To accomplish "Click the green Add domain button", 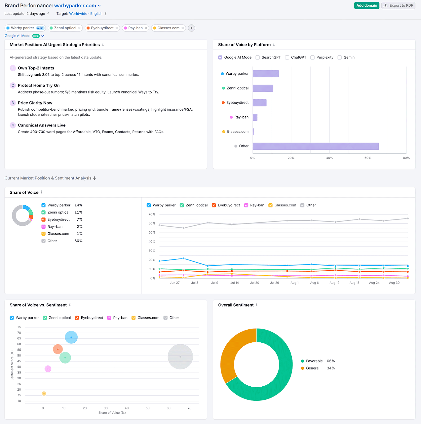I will coord(366,5).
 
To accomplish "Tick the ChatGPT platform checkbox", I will coord(287,58).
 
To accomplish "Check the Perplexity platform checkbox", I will coord(312,58).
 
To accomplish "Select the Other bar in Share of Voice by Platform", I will coord(315,146).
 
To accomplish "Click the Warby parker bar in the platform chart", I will coord(265,74).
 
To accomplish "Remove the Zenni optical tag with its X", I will coord(79,28).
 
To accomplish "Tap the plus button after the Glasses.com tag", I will coord(192,28).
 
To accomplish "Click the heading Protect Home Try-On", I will coord(39,85).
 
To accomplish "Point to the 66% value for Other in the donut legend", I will coord(78,241).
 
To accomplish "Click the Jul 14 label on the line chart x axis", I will coord(234,283).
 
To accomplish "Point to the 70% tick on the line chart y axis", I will coord(152,214).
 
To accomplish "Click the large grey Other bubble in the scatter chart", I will coord(180,357).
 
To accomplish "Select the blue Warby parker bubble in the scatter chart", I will coord(71,337).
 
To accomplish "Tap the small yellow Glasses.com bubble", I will coord(44,394).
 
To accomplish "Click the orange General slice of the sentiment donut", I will coord(228,355).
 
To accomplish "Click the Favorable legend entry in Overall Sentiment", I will coord(314,361).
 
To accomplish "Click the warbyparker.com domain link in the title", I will coord(75,6).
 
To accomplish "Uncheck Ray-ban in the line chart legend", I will coord(246,205).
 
